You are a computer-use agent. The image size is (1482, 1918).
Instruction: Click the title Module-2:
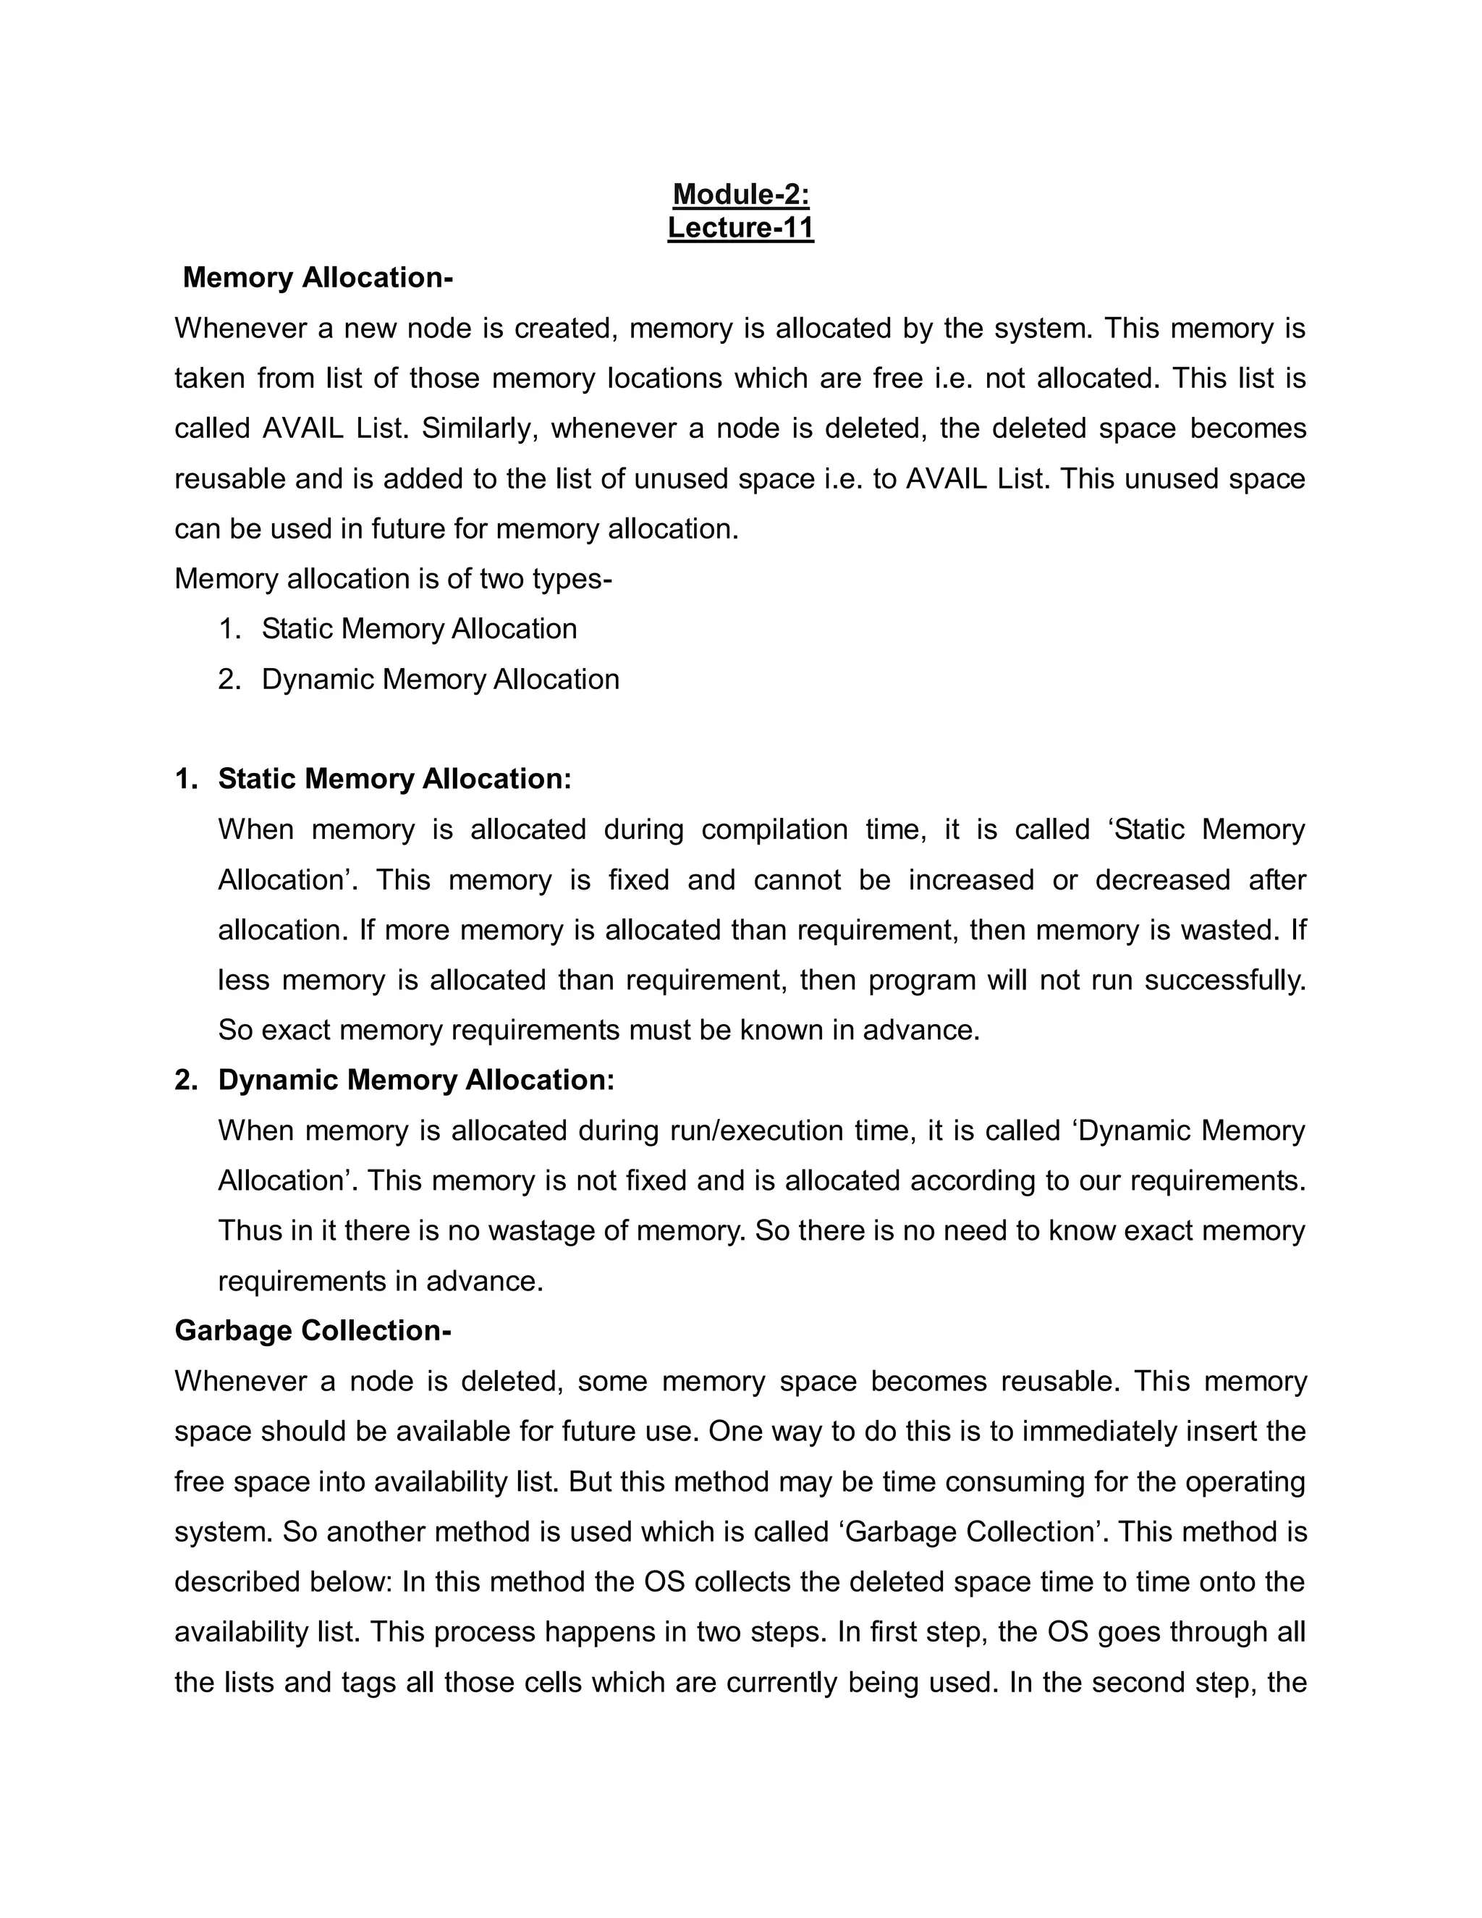(x=740, y=194)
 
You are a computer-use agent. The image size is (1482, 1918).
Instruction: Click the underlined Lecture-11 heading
(x=740, y=227)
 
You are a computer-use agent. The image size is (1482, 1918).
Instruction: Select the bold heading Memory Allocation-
(x=317, y=277)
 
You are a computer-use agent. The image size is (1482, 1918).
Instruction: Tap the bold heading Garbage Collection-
(x=313, y=1330)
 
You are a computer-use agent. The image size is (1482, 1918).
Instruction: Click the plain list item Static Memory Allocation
(x=419, y=629)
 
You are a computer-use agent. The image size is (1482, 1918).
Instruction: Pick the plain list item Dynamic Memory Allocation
(x=440, y=679)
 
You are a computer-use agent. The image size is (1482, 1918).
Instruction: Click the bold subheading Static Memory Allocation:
(x=394, y=779)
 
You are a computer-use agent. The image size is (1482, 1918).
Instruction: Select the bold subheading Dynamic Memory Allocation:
(x=416, y=1079)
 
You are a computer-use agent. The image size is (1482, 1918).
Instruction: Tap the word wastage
(x=541, y=1230)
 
